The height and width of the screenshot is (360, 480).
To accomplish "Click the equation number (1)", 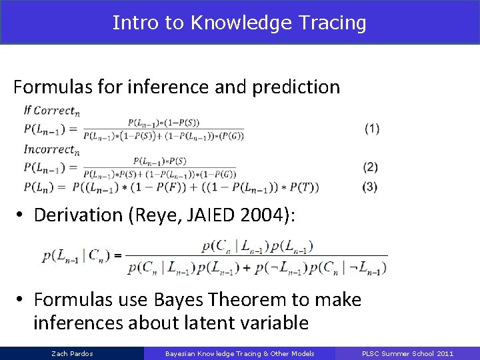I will pos(372,129).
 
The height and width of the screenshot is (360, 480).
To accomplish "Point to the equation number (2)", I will pos(371,167).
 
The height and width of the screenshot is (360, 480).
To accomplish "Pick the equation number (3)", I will pos(370,187).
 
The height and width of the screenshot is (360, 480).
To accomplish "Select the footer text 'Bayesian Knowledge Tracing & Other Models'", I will pos(240,353).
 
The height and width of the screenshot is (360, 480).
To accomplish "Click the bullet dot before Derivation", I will pos(21,215).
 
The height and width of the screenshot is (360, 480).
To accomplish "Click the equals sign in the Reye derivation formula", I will pos(117,255).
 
